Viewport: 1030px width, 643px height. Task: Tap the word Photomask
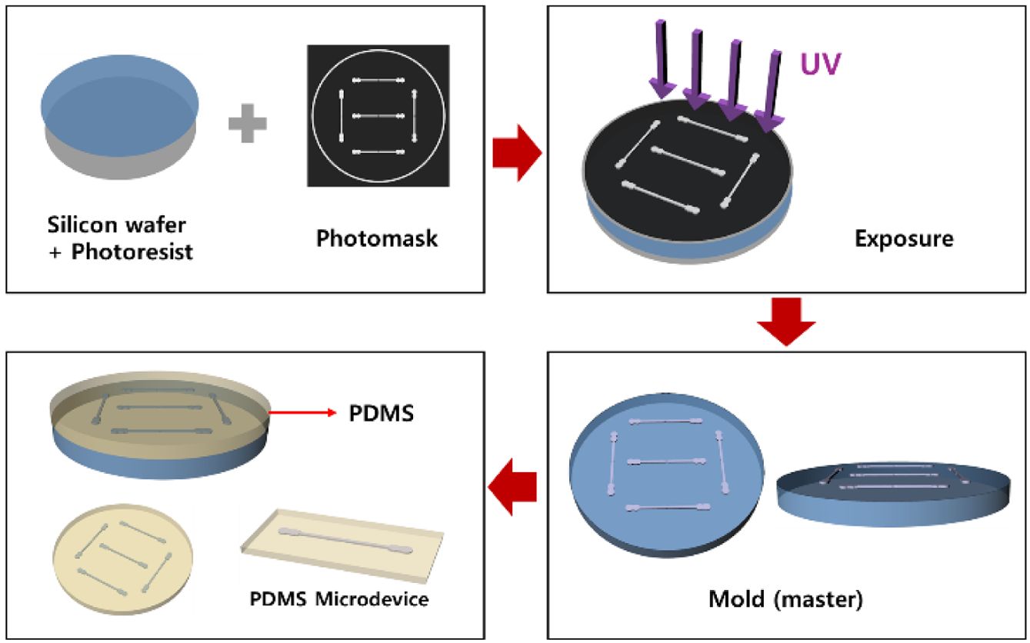click(x=377, y=238)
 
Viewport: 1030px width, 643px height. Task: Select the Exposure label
click(x=904, y=238)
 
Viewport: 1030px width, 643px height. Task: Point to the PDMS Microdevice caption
click(x=338, y=598)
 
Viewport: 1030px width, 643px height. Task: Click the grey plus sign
click(x=248, y=124)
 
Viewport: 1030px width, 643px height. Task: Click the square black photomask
click(x=378, y=115)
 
